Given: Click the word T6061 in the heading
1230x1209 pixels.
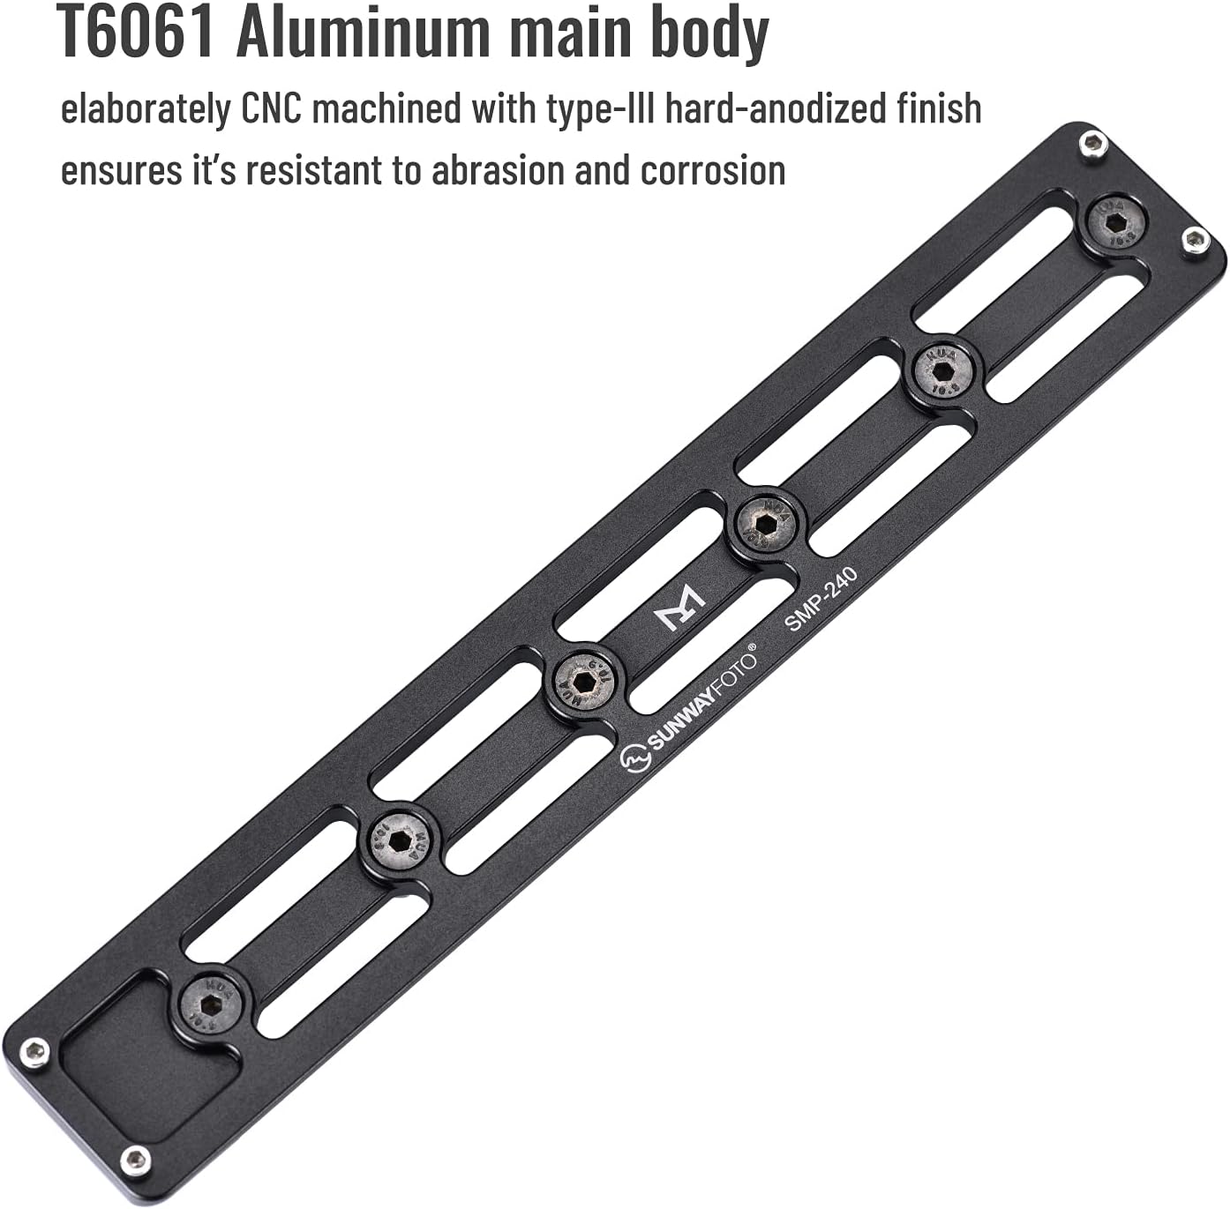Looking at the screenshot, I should [x=136, y=34].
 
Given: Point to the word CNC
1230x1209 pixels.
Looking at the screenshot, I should [x=273, y=109].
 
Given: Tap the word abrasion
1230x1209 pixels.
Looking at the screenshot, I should [x=498, y=170].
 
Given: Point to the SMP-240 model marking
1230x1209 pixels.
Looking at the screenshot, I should [x=821, y=600].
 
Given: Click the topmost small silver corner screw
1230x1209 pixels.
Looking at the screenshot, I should [x=1094, y=143].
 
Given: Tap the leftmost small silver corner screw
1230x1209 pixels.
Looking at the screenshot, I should [x=35, y=1051].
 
